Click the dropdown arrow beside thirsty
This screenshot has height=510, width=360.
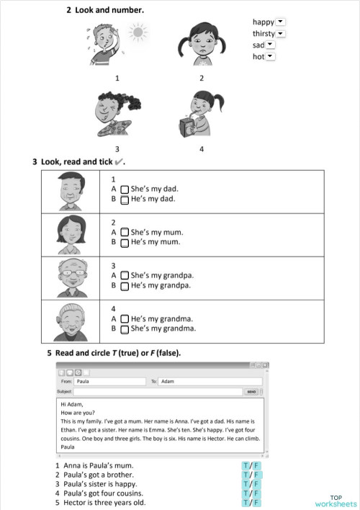281,33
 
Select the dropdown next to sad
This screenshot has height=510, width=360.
271,45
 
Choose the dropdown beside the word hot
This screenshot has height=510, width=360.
270,56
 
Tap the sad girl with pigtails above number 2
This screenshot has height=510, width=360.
201,42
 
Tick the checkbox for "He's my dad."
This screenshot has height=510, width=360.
125,199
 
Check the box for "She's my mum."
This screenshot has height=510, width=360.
125,233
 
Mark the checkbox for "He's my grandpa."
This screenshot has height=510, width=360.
125,286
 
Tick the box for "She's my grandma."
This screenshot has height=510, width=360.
125,329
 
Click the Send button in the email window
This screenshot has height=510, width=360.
251,391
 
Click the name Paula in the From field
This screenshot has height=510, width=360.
83,381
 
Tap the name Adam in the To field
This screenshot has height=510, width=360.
167,381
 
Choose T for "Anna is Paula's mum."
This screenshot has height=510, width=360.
246,465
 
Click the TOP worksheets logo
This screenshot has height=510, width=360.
336,501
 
